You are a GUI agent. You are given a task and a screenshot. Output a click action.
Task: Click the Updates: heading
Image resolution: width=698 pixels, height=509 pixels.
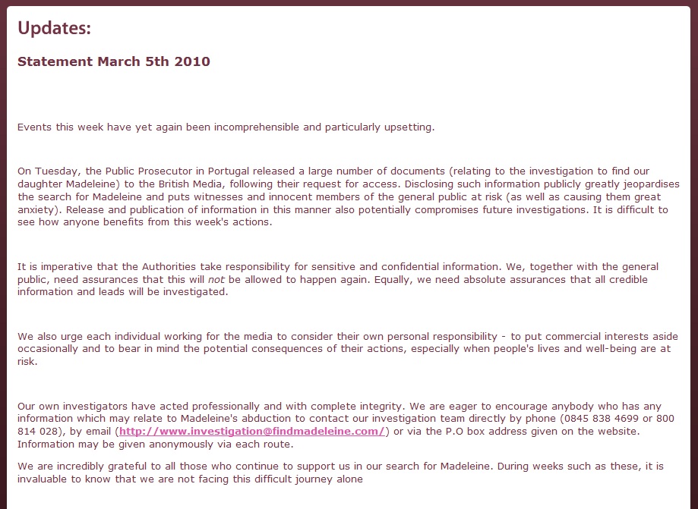[x=54, y=29]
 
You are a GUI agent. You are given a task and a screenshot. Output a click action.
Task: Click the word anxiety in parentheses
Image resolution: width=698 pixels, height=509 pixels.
[x=35, y=210]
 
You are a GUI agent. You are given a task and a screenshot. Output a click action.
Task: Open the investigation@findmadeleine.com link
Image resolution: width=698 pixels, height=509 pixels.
[x=252, y=432]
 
